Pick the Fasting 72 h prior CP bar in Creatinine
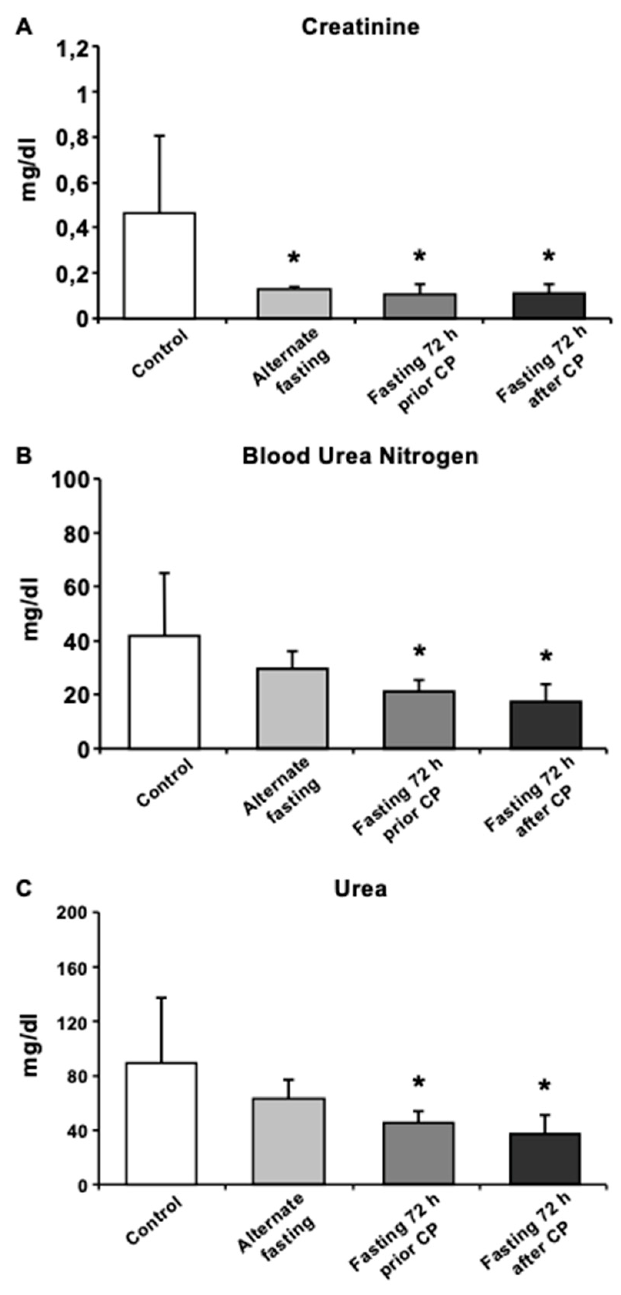click(x=420, y=306)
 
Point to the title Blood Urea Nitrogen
click(x=360, y=457)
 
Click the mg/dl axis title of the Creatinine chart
click(x=30, y=173)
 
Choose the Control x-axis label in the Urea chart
click(x=154, y=1227)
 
